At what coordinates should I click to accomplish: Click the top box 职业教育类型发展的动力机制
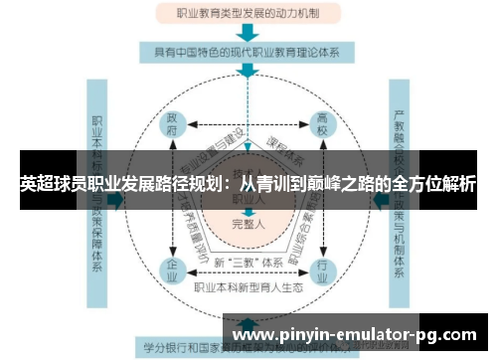[x=249, y=15]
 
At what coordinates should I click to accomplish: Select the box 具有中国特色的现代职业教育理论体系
[x=249, y=49]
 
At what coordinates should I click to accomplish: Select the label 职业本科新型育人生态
[x=249, y=288]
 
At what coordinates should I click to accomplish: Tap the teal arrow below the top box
[x=249, y=32]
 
